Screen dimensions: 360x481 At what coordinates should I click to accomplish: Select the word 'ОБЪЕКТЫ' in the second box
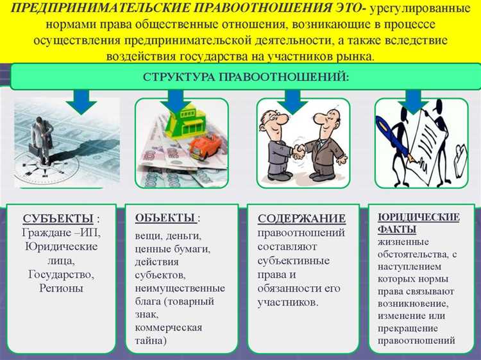[164, 218]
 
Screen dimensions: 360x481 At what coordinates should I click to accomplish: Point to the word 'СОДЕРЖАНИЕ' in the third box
[301, 219]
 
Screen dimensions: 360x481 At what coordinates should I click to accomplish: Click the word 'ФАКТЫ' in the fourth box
[397, 229]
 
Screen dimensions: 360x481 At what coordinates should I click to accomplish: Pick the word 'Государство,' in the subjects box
[61, 274]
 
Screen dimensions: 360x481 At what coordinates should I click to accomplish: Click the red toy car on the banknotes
[205, 146]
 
